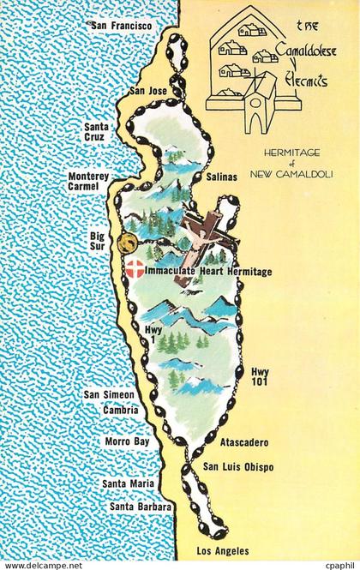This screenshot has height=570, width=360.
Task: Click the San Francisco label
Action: (121, 27)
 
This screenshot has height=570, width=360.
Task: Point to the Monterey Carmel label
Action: (88, 181)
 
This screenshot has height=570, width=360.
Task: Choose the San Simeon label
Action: (108, 395)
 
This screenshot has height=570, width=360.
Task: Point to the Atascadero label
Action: (244, 443)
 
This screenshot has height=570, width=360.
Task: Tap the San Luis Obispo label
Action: (238, 467)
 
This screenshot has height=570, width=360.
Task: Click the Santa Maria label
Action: (129, 484)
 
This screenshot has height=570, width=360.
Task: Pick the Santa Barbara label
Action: (141, 507)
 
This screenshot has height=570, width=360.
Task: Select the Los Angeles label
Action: (223, 551)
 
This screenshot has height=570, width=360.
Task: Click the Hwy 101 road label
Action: (260, 376)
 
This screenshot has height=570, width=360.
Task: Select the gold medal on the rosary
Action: (128, 243)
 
